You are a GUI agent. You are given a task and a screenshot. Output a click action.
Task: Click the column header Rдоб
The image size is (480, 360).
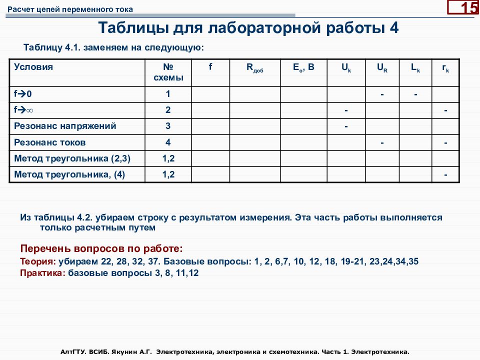(254, 68)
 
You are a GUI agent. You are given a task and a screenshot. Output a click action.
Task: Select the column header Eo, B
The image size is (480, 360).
(303, 67)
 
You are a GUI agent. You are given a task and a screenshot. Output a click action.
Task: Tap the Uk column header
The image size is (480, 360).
(346, 68)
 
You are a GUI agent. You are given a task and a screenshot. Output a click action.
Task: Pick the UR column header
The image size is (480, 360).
(382, 68)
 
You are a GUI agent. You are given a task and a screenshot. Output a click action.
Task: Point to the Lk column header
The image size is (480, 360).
(415, 68)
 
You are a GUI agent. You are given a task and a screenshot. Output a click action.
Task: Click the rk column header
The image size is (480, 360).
(445, 69)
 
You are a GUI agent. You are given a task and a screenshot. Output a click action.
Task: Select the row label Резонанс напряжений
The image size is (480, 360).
(65, 126)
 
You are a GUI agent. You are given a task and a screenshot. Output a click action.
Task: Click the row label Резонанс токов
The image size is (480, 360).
(50, 142)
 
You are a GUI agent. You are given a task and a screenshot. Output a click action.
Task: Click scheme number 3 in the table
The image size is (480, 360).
(168, 126)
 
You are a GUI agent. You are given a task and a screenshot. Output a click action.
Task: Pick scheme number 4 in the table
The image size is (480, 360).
(168, 142)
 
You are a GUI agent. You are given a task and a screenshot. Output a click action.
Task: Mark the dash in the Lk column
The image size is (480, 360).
(415, 94)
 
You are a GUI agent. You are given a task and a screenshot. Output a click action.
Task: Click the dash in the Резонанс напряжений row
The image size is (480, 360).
(346, 126)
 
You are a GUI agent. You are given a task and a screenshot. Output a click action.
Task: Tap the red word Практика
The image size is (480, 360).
(42, 273)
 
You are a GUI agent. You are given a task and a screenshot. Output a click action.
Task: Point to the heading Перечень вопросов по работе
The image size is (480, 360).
(101, 248)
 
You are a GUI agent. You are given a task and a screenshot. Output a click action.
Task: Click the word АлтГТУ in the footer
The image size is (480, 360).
(74, 352)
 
